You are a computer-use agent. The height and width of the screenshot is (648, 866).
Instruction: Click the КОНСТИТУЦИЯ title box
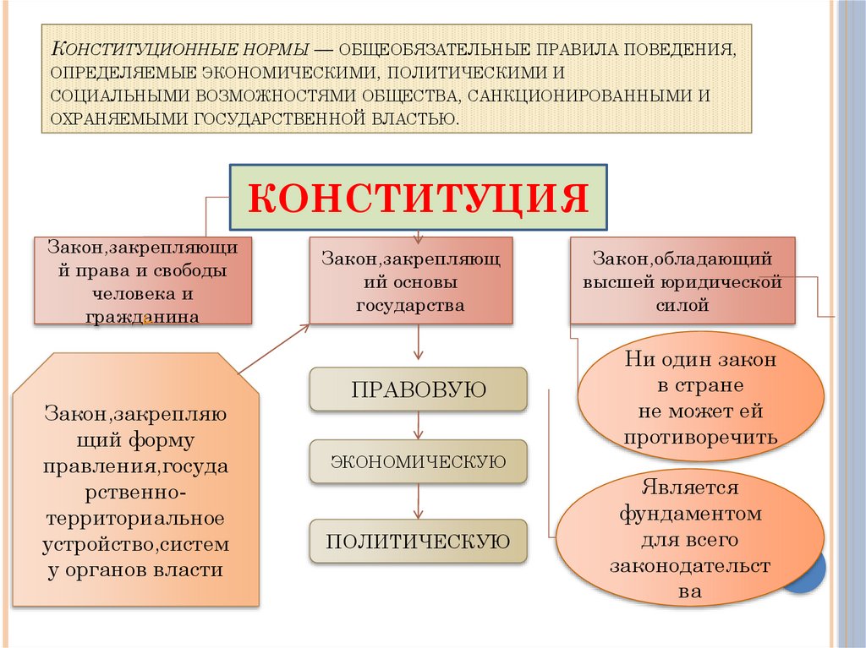(419, 198)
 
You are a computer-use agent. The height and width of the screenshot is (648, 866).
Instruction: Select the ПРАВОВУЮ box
(418, 389)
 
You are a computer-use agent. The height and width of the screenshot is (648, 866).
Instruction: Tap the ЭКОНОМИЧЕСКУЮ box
(418, 461)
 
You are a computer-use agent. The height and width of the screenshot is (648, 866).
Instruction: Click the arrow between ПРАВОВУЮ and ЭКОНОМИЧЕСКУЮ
(418, 425)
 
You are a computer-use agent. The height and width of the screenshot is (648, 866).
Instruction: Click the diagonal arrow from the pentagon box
(275, 347)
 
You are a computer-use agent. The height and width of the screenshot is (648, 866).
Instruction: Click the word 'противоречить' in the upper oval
(700, 438)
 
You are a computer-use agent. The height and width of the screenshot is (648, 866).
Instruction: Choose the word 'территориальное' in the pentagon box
(134, 516)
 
